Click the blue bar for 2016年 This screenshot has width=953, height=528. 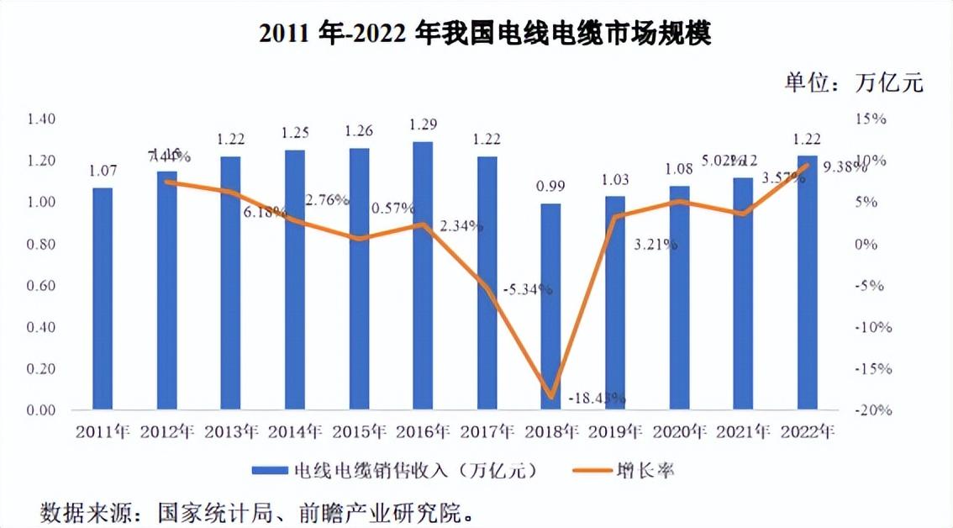tap(423, 277)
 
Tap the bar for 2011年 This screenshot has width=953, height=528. tap(102, 298)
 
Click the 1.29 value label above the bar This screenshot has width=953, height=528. tap(422, 124)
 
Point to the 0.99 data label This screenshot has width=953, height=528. tap(550, 186)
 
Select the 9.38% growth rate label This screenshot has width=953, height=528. tap(844, 166)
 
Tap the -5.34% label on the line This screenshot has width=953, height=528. tap(528, 289)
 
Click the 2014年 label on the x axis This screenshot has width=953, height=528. tap(296, 433)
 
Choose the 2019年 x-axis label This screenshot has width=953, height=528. tap(615, 433)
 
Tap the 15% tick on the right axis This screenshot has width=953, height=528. tap(871, 119)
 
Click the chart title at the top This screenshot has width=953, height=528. tap(485, 34)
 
